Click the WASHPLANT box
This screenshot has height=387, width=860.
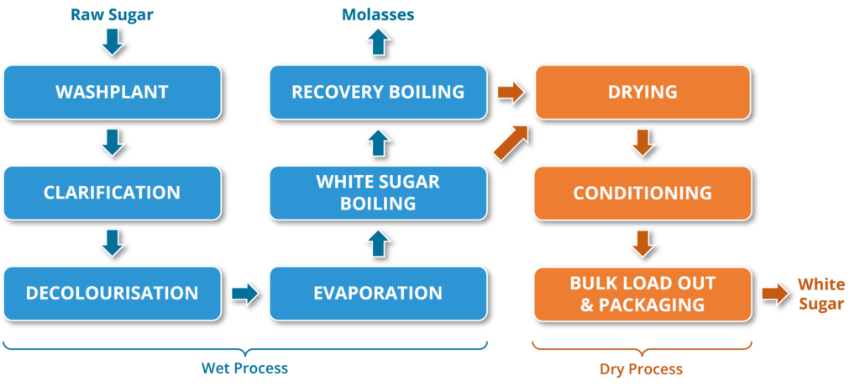112,92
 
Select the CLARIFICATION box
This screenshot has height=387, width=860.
112,193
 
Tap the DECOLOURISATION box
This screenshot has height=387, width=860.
112,293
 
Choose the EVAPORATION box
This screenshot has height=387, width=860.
377,293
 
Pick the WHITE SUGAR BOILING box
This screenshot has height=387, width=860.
377,193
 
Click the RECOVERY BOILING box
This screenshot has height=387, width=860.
377,92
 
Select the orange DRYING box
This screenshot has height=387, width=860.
642,92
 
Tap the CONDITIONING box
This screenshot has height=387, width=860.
642,193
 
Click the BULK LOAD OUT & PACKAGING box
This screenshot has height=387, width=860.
642,293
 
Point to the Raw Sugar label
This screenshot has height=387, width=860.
112,15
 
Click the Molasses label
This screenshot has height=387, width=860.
377,15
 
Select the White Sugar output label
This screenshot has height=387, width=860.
821,294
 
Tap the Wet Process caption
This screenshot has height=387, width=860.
244,368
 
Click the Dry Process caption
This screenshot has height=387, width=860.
641,368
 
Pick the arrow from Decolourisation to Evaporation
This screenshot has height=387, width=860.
244,294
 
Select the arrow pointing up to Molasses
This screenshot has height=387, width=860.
378,41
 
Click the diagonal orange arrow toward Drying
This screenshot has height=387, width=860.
511,140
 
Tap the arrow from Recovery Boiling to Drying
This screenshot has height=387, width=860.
510,92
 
